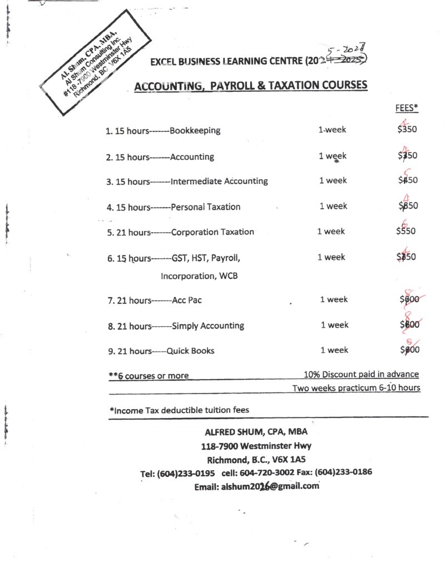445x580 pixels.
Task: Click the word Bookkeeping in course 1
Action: (x=195, y=131)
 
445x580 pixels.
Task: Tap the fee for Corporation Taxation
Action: (x=407, y=231)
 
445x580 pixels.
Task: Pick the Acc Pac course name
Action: (x=187, y=300)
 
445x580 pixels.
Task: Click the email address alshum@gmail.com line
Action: (x=256, y=486)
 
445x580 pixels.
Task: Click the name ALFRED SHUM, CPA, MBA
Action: (x=256, y=432)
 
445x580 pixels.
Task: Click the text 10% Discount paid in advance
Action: (x=361, y=374)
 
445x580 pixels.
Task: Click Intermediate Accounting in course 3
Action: (x=219, y=181)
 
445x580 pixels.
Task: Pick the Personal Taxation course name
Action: (x=206, y=207)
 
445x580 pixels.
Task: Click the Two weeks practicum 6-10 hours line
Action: (x=356, y=387)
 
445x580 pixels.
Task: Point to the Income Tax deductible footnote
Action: (x=179, y=410)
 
